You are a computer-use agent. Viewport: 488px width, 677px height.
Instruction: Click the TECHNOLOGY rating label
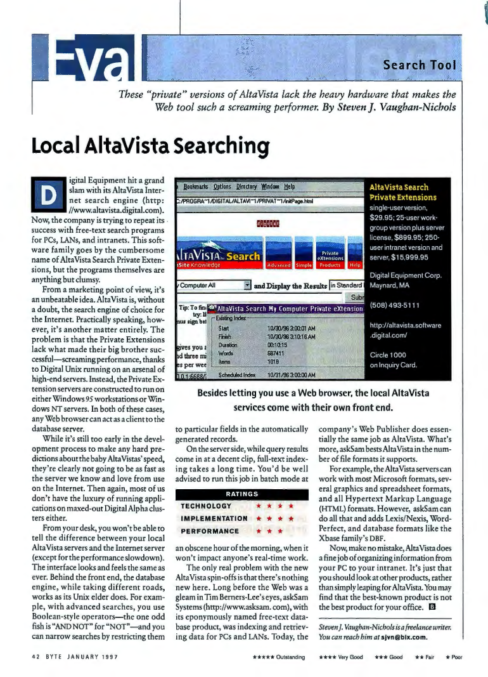pyautogui.click(x=206, y=506)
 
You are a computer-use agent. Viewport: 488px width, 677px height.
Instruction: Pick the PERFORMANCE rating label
pyautogui.click(x=210, y=530)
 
